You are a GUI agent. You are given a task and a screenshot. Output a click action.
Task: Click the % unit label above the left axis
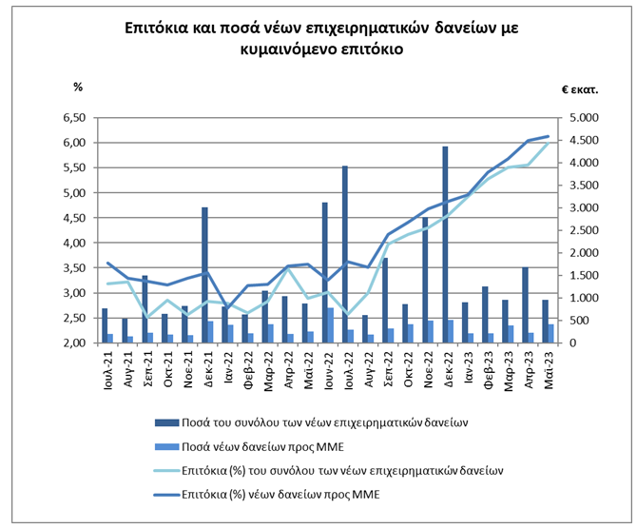click(x=79, y=88)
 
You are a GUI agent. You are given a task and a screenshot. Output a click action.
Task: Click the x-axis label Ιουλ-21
click(x=106, y=366)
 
